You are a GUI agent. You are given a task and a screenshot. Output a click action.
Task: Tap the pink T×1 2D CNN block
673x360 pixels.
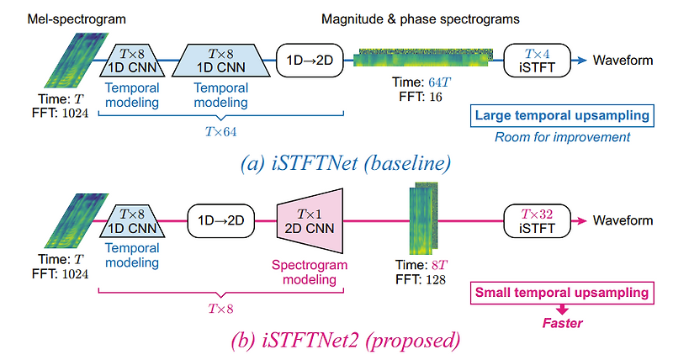tap(306, 220)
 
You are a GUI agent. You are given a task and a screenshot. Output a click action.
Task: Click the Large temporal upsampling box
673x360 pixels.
tap(563, 115)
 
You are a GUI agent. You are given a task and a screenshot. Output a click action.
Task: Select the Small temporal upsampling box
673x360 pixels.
tap(563, 293)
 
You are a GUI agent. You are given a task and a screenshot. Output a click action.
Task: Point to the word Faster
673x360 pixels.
tap(563, 321)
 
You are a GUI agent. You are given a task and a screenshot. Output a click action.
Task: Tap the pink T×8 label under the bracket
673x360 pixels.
tap(220, 309)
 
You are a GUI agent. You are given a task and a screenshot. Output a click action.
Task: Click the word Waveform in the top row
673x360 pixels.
tap(623, 60)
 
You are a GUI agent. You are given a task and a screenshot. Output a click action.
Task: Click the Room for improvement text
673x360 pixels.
tap(563, 137)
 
